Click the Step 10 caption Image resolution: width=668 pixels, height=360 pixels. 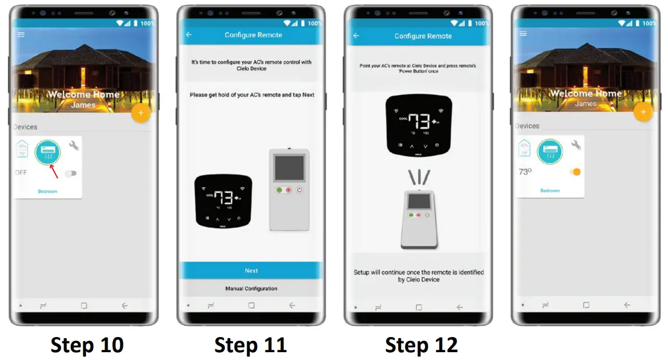coord(87,345)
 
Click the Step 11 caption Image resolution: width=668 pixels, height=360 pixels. coord(250,345)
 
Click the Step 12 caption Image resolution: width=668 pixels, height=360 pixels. coord(421,345)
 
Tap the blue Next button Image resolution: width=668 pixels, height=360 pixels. coord(251,270)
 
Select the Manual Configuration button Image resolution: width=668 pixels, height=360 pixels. coord(251,289)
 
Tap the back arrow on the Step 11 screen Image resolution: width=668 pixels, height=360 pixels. coord(188,35)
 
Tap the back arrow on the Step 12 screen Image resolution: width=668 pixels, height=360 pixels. coord(356,36)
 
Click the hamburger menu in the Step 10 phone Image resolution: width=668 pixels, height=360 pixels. coord(21,34)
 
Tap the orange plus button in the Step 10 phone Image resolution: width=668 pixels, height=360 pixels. coord(141,113)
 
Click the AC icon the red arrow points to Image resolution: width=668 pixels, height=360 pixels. coord(47,152)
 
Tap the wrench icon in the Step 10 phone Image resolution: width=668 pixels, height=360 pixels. coord(74,145)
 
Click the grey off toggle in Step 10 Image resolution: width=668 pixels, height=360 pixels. coord(71,173)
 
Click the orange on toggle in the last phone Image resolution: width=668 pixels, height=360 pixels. coord(575,172)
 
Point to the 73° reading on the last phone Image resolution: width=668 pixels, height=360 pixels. coord(525,172)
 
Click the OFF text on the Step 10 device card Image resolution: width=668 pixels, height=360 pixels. coord(21,172)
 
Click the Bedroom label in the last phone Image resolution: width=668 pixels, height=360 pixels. coord(550,191)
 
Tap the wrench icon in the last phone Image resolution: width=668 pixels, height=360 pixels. coord(576,145)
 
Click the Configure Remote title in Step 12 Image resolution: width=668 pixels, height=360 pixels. coord(423,36)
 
